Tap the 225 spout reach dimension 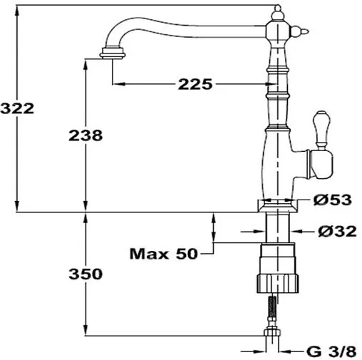pos(195,85)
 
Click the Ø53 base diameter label pos(332,200)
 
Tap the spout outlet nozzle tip pos(112,53)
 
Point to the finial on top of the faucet pos(276,9)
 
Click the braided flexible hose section pos(272,309)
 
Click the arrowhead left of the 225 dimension pos(118,85)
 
